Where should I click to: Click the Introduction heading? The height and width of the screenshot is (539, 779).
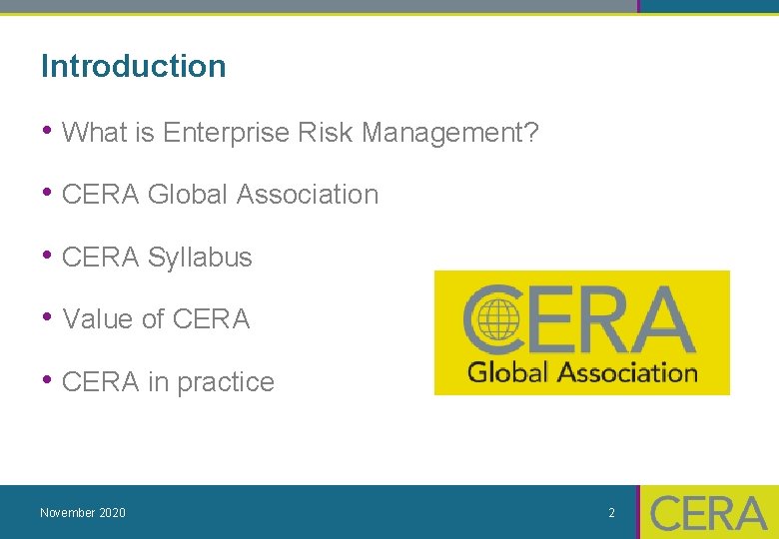(x=133, y=67)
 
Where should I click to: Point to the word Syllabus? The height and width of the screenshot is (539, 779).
(x=200, y=258)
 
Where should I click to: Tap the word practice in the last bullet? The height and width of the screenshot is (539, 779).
(x=225, y=382)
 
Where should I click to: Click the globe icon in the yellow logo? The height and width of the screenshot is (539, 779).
(x=496, y=322)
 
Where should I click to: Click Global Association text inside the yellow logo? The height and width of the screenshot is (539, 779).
(x=582, y=373)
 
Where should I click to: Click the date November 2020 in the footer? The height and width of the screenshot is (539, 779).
(x=83, y=513)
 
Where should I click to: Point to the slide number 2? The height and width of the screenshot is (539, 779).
(x=612, y=513)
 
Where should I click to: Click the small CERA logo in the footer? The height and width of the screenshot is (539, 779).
(x=708, y=513)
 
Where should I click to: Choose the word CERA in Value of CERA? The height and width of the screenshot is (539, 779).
(x=211, y=319)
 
